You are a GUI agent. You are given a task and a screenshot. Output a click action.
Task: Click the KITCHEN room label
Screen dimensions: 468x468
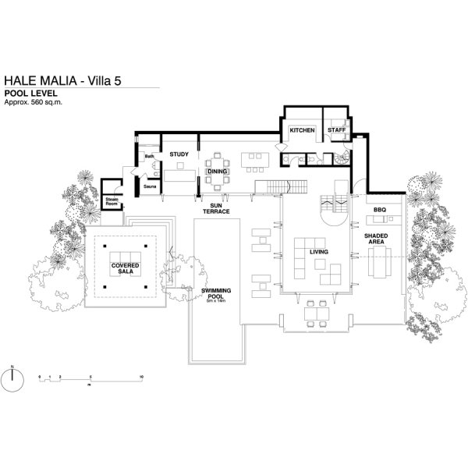302,129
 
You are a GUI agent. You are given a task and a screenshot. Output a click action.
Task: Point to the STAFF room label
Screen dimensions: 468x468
336,129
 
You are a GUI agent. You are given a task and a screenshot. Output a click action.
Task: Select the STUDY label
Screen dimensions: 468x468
179,154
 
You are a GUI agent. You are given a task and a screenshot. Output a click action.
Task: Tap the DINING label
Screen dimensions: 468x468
216,171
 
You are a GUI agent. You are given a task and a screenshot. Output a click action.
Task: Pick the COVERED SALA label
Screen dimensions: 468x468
125,269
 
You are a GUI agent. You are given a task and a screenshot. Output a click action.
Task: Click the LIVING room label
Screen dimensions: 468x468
318,253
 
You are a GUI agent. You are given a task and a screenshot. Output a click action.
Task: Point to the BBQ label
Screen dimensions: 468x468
380,210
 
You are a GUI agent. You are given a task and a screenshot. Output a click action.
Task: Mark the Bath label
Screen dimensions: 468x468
149,157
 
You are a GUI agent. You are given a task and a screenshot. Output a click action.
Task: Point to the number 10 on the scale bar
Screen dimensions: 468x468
140,377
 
